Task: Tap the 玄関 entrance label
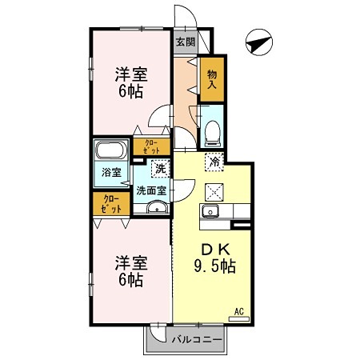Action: pos(186,42)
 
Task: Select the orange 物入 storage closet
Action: pos(213,79)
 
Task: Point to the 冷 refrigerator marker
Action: pos(214,162)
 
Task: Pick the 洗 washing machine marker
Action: pos(160,169)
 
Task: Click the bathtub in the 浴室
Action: pos(109,151)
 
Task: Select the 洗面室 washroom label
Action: pos(150,190)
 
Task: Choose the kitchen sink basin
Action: pos(211,212)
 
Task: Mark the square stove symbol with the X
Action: pos(214,191)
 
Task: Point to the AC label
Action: pos(238,311)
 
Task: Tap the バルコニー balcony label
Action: pos(196,339)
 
